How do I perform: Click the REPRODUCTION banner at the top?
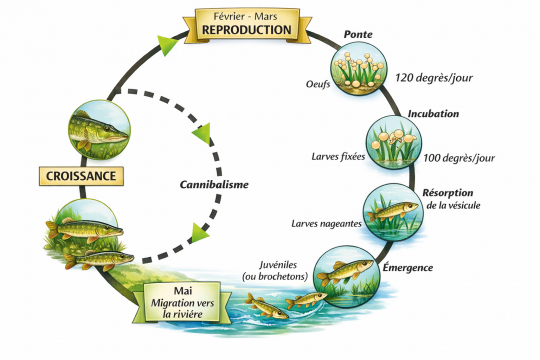point(246,24)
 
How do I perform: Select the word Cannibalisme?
point(214,185)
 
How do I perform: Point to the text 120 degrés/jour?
point(431,77)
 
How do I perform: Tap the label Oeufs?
point(317,84)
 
